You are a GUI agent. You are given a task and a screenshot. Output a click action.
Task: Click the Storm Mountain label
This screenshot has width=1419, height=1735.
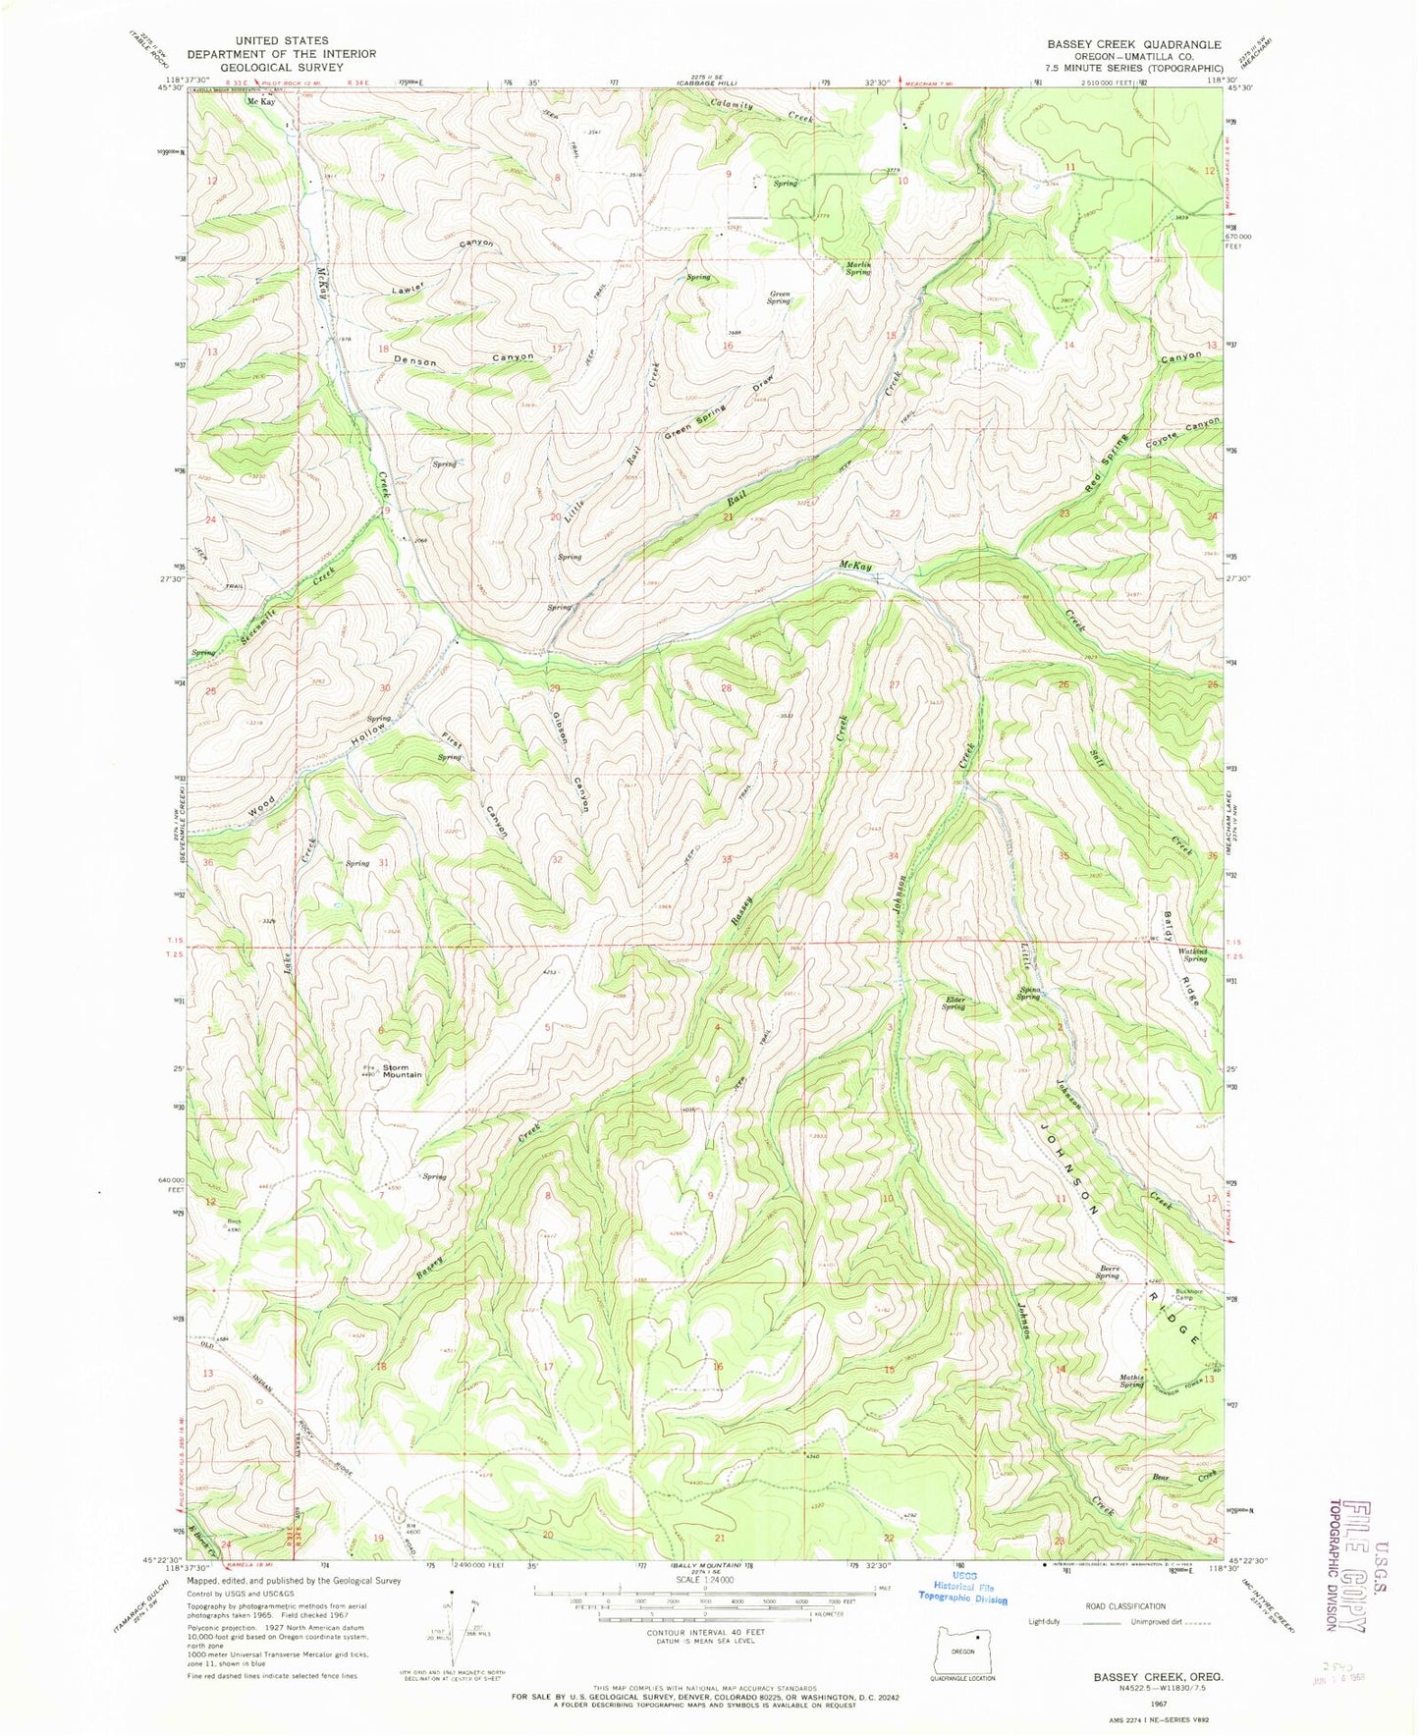[x=402, y=1070]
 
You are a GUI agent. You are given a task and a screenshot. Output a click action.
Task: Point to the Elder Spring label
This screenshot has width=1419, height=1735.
[x=954, y=1003]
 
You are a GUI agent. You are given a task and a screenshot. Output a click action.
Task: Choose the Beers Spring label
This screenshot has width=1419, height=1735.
[x=1109, y=1271]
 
